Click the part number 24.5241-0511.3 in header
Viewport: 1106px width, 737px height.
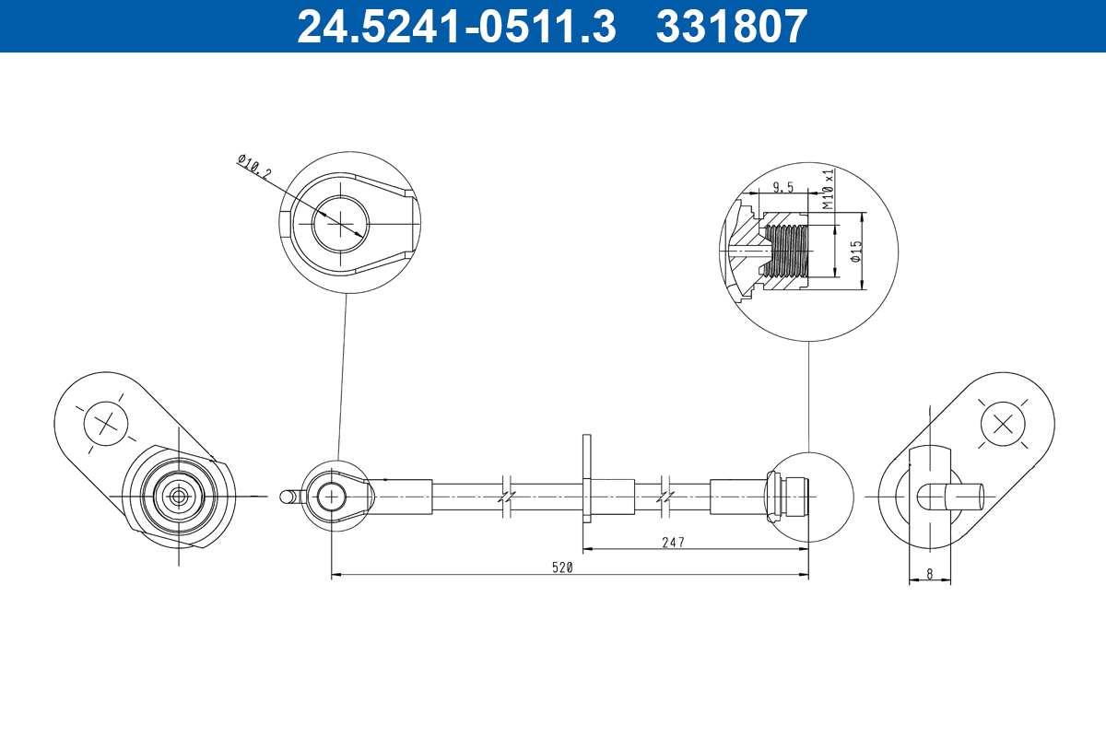[x=455, y=26]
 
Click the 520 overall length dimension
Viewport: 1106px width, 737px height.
[x=563, y=567]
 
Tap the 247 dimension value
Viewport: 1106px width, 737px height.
[x=673, y=543]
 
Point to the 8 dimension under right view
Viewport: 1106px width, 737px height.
[x=930, y=573]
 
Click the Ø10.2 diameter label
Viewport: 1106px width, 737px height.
[x=254, y=167]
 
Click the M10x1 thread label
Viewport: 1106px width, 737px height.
[x=828, y=189]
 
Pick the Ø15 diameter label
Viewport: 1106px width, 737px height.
[x=856, y=252]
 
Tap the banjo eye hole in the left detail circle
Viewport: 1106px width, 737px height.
[x=339, y=222]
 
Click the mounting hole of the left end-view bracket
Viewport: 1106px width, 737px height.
[x=104, y=425]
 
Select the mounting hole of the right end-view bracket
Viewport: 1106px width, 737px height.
[x=1003, y=425]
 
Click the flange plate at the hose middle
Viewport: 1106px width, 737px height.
[x=586, y=478]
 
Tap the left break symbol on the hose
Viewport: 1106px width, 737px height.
[x=505, y=496]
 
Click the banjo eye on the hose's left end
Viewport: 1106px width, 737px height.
[x=329, y=497]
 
